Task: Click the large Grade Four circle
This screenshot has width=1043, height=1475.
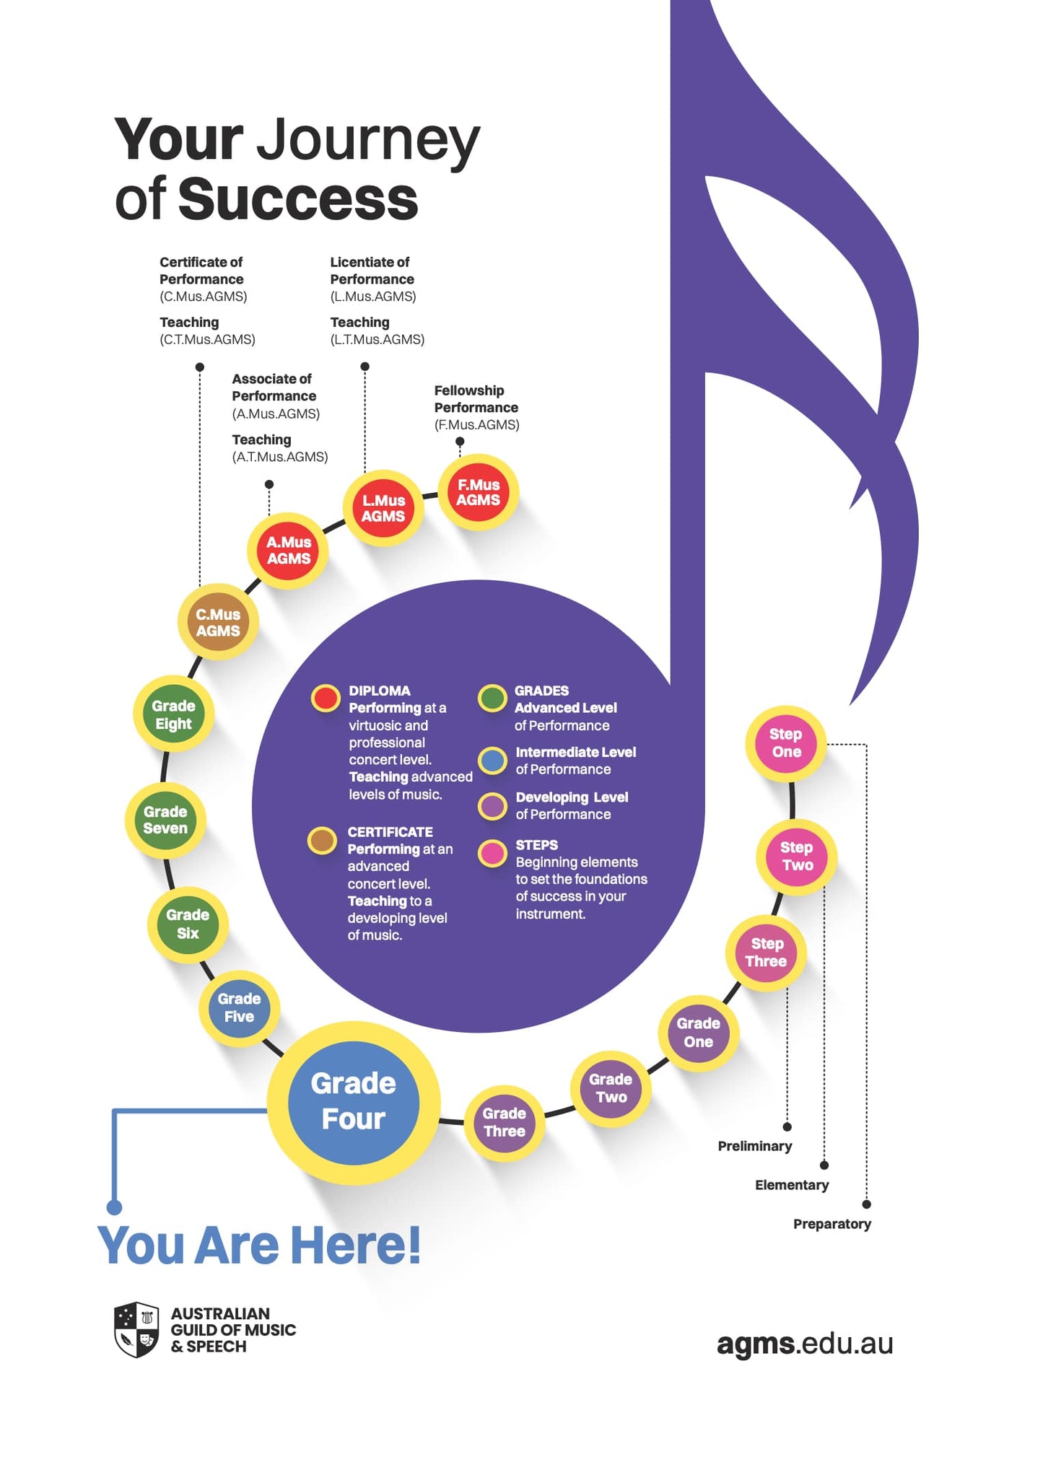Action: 354,1102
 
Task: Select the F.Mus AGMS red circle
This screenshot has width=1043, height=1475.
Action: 478,493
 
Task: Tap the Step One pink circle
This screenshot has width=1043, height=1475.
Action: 785,743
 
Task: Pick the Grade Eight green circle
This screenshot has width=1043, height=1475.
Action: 174,714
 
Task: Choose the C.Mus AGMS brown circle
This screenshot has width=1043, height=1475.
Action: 218,622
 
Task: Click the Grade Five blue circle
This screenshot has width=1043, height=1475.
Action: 239,1008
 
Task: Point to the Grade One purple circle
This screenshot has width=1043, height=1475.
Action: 698,1033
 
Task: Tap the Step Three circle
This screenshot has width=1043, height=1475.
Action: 766,953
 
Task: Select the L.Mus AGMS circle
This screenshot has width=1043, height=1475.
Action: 383,509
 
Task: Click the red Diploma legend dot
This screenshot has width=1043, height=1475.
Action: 326,699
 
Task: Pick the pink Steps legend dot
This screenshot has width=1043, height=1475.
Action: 493,853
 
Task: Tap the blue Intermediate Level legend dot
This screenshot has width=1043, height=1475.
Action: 493,761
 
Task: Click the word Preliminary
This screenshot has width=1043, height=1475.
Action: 754,1146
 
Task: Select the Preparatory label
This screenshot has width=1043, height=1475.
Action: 832,1224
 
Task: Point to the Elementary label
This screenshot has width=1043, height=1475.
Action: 792,1185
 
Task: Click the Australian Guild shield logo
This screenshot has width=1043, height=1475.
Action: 136,1329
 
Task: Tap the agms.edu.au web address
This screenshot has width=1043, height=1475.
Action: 805,1344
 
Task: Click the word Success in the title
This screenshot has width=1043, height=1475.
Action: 297,199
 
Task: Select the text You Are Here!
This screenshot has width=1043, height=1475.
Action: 259,1246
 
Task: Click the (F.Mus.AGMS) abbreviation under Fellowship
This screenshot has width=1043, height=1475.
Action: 476,425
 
